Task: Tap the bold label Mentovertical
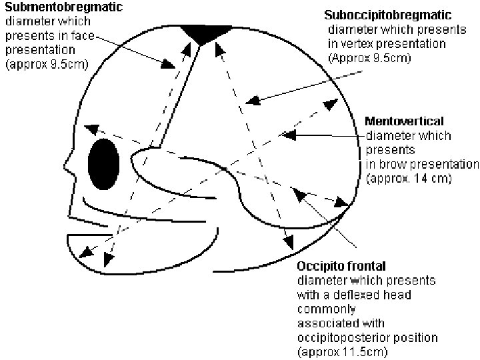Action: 405,121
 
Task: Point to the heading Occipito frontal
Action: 337,267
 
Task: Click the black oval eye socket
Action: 104,164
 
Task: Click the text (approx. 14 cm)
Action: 409,179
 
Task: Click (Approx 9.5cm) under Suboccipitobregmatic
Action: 369,58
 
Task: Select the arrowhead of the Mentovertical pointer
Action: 289,135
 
